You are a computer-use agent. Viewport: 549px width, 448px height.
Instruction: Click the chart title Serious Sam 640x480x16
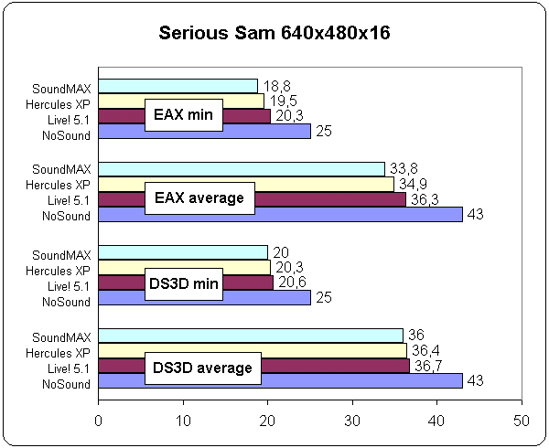(275, 34)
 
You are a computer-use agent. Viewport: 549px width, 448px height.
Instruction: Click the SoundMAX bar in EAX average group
(242, 168)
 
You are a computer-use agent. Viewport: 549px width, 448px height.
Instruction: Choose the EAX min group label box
(183, 116)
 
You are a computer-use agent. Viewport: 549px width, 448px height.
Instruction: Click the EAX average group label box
(199, 197)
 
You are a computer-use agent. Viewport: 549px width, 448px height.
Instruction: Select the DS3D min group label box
(183, 283)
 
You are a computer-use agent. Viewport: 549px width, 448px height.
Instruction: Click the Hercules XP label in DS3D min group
(59, 270)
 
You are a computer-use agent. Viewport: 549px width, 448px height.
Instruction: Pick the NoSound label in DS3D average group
(66, 385)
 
